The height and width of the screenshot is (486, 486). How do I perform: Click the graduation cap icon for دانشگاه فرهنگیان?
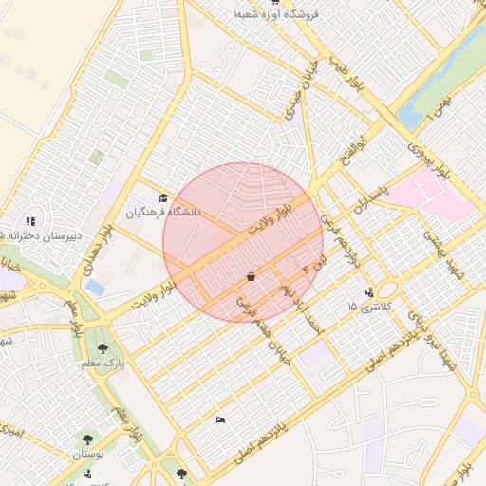tap(163, 198)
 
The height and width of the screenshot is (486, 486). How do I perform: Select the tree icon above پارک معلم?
tap(103, 348)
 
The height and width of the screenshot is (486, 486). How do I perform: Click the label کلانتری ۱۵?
tap(365, 307)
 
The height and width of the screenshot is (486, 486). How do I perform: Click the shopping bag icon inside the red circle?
tap(250, 276)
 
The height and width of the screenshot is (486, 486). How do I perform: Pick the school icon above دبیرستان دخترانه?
tap(30, 220)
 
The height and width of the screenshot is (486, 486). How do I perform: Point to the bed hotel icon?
tap(220, 420)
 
